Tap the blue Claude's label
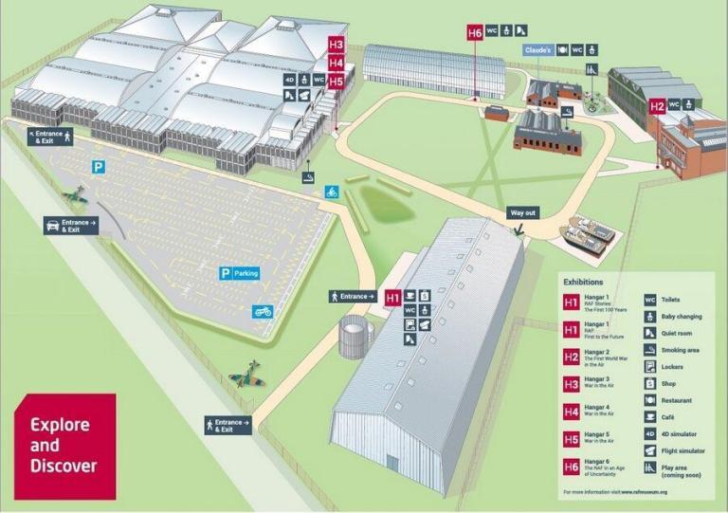(x=538, y=48)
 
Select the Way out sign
(x=522, y=212)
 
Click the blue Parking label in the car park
(x=239, y=273)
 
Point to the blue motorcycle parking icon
(x=263, y=311)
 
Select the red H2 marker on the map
(x=657, y=107)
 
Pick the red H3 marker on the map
(x=336, y=45)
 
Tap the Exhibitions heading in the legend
(x=583, y=282)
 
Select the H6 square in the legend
(x=572, y=467)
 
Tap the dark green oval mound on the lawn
(x=382, y=202)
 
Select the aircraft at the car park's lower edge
(x=247, y=374)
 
